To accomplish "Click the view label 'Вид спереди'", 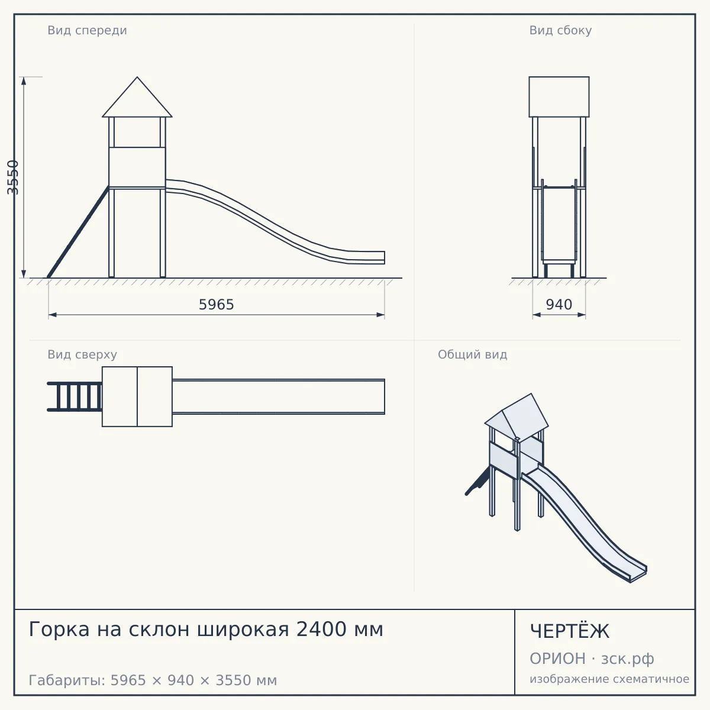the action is (x=87, y=30).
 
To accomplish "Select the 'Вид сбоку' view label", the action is (x=560, y=30).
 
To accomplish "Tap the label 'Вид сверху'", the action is (x=82, y=354).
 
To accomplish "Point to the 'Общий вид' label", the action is (x=472, y=354).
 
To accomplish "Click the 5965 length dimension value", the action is (x=217, y=304).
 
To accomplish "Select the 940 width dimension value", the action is (x=559, y=304).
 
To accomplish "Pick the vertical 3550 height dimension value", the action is (x=12, y=177).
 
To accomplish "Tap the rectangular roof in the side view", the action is (x=559, y=97).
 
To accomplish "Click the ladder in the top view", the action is (x=75, y=396).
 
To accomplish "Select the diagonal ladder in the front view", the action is (x=79, y=232).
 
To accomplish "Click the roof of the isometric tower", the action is (x=517, y=415).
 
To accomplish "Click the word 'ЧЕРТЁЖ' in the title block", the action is (x=570, y=631).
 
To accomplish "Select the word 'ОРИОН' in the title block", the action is (x=557, y=659).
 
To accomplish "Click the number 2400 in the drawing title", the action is (x=322, y=629).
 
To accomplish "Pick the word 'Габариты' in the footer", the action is (x=68, y=680).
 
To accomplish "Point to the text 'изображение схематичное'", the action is (x=609, y=679).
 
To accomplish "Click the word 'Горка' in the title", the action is (x=59, y=630).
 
